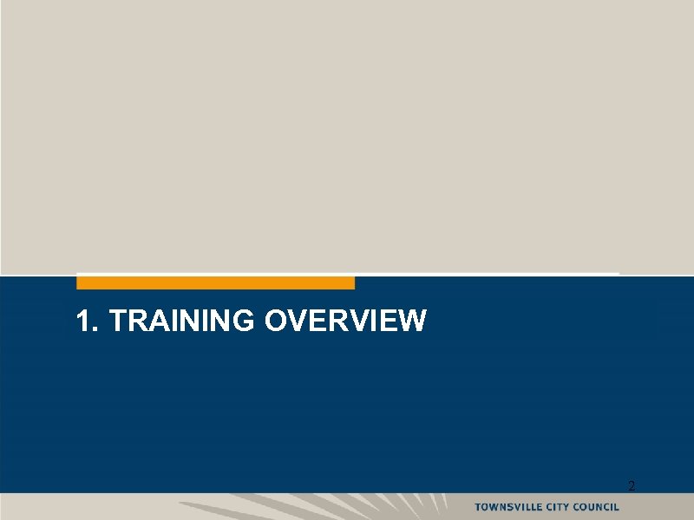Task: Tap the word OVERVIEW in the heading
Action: pos(345,322)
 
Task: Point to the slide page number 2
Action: pos(631,487)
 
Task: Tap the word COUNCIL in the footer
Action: pos(598,506)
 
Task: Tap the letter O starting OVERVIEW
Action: pos(276,322)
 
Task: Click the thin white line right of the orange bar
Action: pos(486,274)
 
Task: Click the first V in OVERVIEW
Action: pos(298,322)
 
